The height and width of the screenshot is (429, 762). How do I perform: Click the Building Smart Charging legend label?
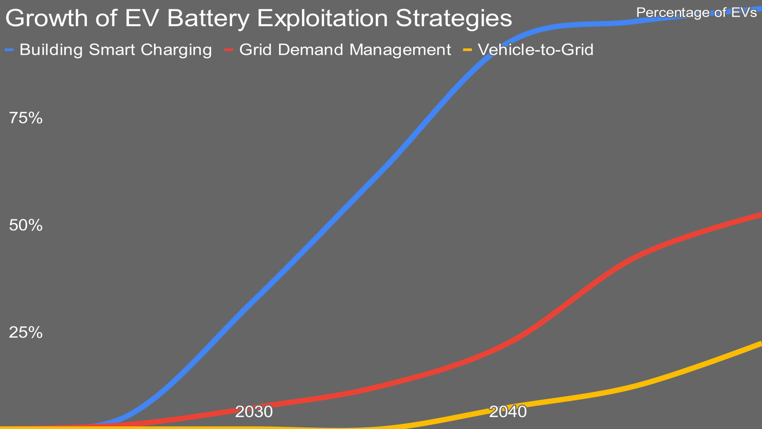pos(116,50)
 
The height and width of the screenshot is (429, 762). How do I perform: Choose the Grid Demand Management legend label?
pos(345,50)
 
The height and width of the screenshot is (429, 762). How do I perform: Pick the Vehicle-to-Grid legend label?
pos(535,50)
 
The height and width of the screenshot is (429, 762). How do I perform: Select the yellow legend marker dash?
pos(468,50)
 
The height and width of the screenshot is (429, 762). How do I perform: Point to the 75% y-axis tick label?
pos(26,118)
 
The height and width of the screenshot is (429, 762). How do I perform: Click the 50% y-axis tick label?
pos(26,225)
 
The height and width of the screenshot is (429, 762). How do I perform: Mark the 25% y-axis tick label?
pos(26,333)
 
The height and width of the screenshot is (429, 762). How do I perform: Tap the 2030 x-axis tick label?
pos(254,412)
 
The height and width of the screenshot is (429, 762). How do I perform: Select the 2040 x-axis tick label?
pos(508,412)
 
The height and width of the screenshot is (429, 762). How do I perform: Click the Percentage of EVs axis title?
pos(696,12)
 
